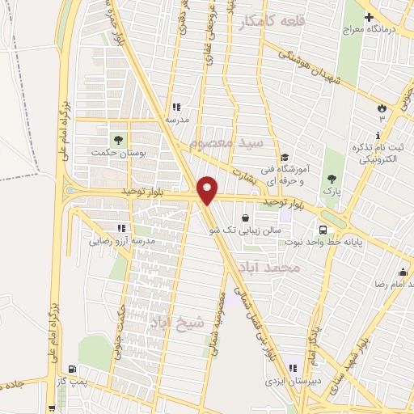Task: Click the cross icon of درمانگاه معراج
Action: coord(370,17)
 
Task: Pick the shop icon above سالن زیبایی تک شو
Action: coord(245,218)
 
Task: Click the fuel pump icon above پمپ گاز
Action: coord(73,368)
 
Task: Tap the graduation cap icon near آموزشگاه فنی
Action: coord(284,158)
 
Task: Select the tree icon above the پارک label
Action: coord(331,180)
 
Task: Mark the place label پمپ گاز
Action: coord(75,379)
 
